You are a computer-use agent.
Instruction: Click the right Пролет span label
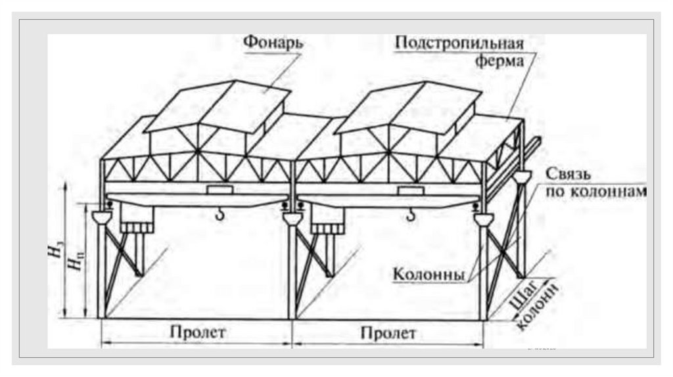[388, 332]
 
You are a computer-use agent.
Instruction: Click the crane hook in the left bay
[221, 213]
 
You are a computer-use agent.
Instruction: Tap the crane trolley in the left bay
[220, 190]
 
